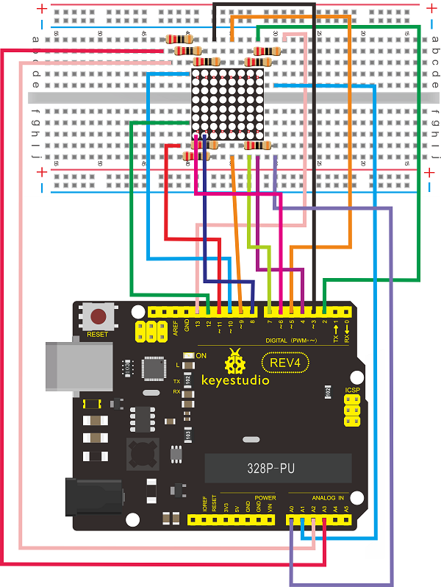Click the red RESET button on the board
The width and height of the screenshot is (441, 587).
coord(98,318)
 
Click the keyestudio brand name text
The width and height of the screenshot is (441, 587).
coord(235,381)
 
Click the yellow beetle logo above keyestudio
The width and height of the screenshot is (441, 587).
coord(236,361)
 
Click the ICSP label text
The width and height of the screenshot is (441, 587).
coord(352,391)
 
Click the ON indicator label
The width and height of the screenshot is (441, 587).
coord(201,356)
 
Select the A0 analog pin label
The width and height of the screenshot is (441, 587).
coord(292,507)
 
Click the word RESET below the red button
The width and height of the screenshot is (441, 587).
coord(98,335)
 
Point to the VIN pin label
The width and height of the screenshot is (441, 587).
coord(270,507)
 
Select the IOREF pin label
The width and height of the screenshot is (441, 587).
coord(204,505)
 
